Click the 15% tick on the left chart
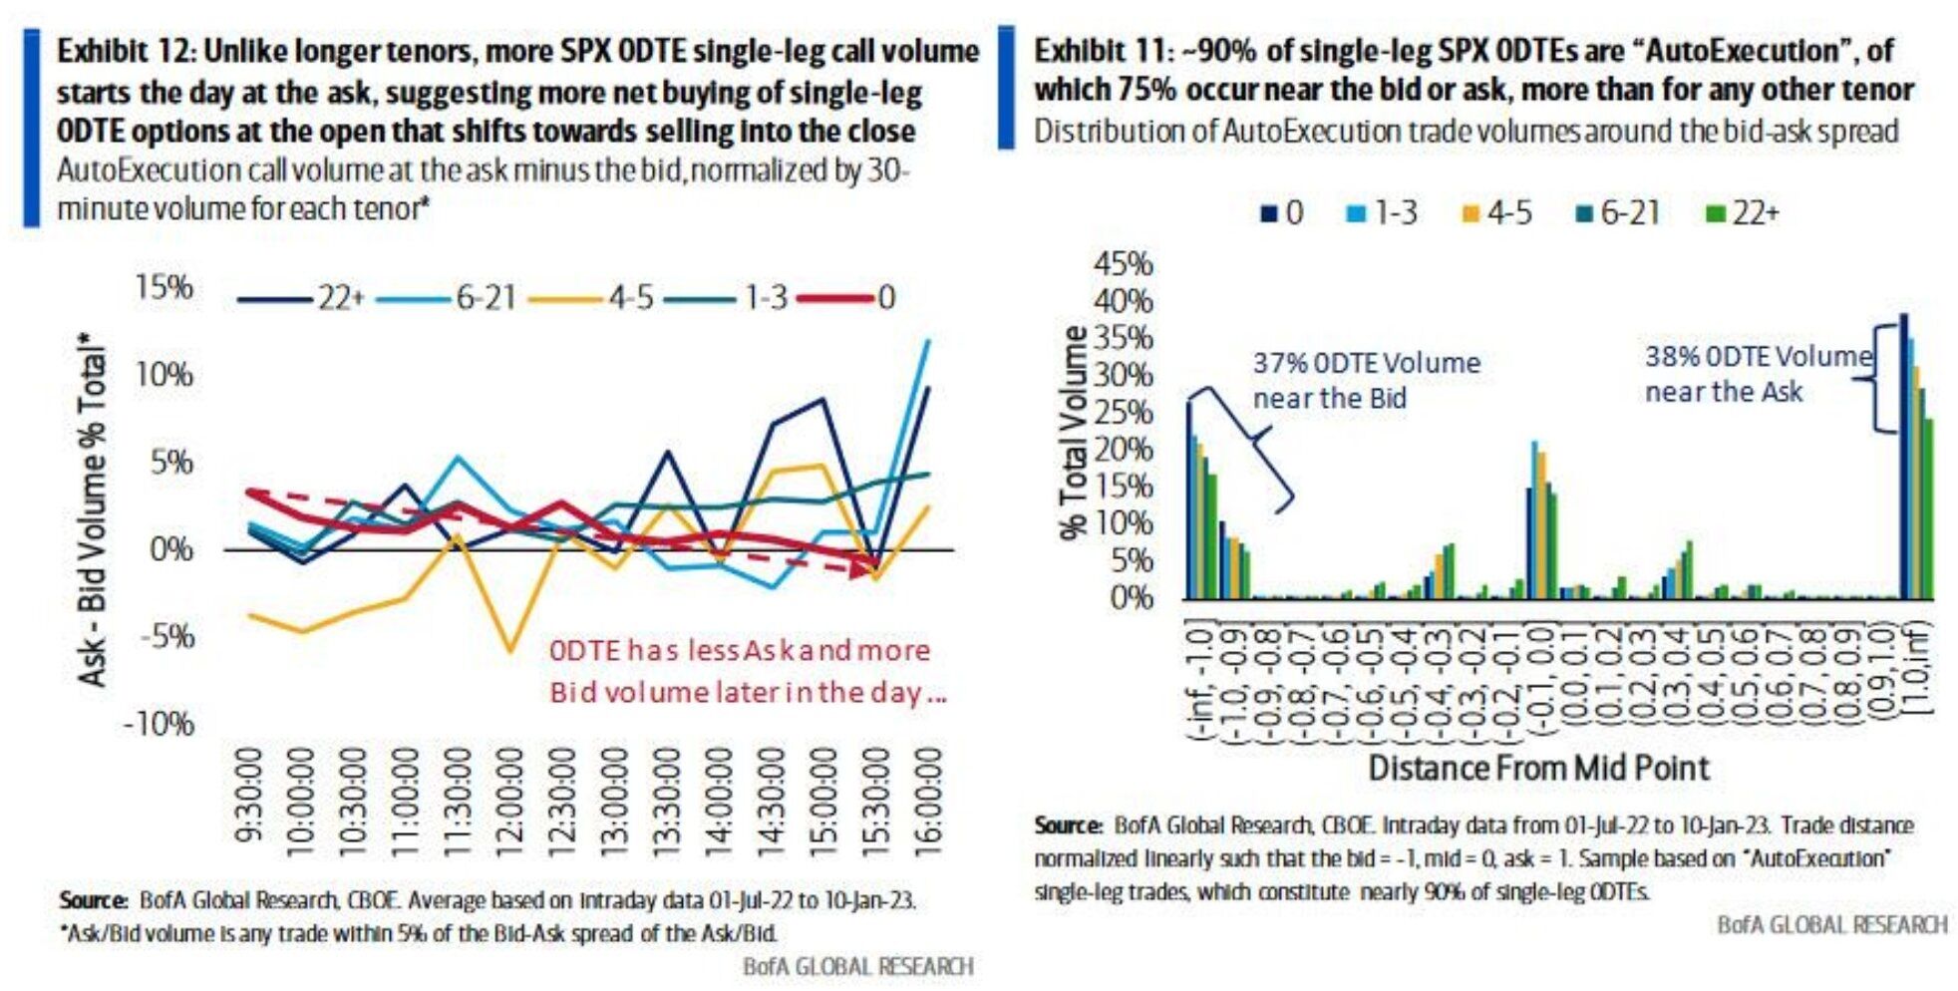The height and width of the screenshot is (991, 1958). coord(163,287)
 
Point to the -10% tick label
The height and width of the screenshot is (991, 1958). coord(159,723)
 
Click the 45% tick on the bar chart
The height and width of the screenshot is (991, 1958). coord(1124,264)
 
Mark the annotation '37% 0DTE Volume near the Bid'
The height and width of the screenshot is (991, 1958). coord(1366,380)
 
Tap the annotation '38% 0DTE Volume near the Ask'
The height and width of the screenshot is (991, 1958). coord(1758,374)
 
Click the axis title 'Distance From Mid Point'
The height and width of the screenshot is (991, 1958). coord(1538,768)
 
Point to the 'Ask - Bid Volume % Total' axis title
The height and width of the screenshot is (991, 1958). coord(93,508)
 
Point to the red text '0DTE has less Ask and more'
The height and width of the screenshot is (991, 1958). coord(739,650)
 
